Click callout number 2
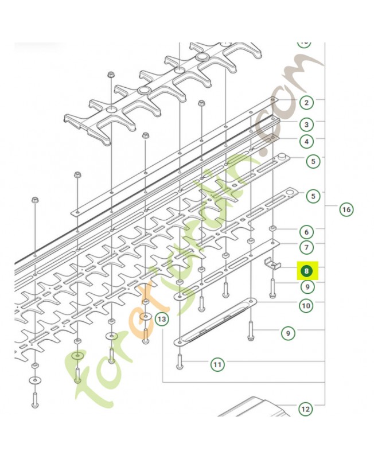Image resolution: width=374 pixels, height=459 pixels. point(307,103)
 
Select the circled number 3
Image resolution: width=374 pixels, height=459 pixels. point(307,124)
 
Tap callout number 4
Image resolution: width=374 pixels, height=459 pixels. point(307,141)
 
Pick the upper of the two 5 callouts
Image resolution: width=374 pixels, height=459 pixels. point(313,162)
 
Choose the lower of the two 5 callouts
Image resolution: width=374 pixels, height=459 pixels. point(313,197)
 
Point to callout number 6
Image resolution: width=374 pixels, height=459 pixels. point(307,232)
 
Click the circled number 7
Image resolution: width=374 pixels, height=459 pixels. point(307,248)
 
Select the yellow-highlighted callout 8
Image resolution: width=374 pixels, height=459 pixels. point(307,270)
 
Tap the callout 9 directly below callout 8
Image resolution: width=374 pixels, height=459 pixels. point(307,286)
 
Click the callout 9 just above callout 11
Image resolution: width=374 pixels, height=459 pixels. point(288,332)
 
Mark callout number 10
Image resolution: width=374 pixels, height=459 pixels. point(306,306)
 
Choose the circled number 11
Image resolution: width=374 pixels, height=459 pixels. point(217,364)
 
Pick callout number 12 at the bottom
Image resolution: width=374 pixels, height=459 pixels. point(305,409)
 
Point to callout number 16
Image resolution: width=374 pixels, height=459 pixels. point(346,209)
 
